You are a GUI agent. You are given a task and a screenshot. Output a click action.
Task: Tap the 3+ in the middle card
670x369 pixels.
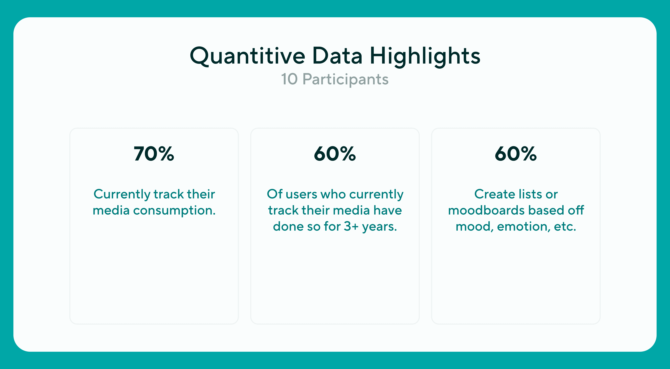click(x=351, y=226)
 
